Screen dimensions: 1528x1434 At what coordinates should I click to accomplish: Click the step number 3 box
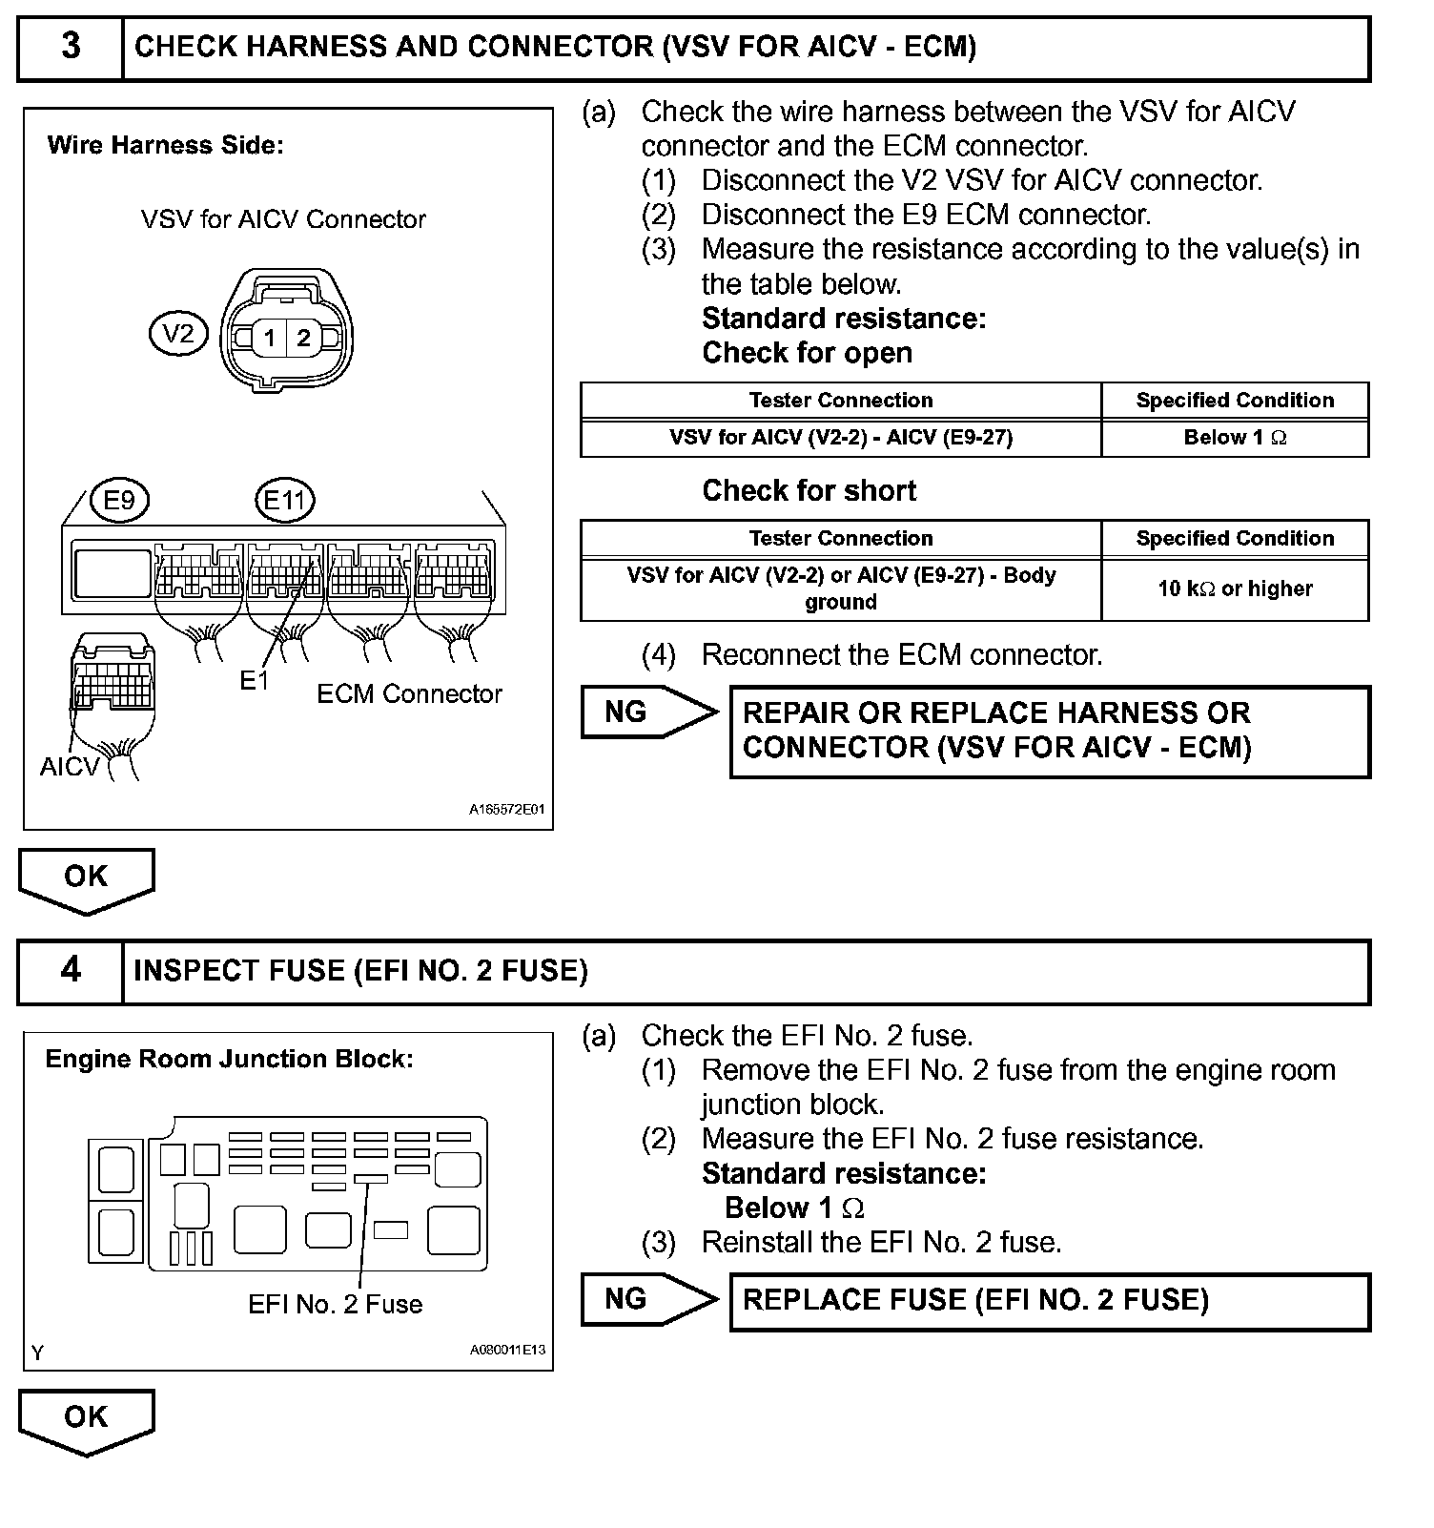(71, 47)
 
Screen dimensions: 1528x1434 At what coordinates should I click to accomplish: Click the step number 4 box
(71, 970)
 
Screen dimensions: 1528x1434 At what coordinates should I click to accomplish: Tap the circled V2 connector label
(178, 334)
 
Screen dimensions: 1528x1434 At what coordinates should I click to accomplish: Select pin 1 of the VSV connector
(270, 338)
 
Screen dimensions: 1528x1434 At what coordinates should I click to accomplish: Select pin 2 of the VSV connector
(304, 338)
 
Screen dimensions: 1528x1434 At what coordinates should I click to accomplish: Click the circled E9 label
(119, 500)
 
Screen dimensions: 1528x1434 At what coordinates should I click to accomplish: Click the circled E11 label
(285, 500)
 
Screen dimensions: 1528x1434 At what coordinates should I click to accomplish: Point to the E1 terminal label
(255, 680)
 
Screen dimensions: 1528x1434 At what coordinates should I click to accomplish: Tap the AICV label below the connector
(70, 767)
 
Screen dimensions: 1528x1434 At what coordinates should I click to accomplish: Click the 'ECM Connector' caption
(409, 693)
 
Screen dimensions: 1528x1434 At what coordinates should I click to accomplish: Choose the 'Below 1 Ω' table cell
(1235, 438)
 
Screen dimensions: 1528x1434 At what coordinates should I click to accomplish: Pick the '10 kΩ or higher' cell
(1235, 588)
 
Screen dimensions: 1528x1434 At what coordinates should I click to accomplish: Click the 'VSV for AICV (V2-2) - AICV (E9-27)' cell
(840, 438)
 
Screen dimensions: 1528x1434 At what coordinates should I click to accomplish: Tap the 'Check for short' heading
(809, 490)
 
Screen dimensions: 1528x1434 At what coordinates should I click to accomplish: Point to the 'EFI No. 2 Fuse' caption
(335, 1304)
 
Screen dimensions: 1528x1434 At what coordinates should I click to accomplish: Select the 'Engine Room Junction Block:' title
(230, 1059)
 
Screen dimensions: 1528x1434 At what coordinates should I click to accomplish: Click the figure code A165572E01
(506, 810)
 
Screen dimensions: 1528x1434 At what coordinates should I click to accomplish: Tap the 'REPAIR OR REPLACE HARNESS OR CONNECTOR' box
(1049, 731)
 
